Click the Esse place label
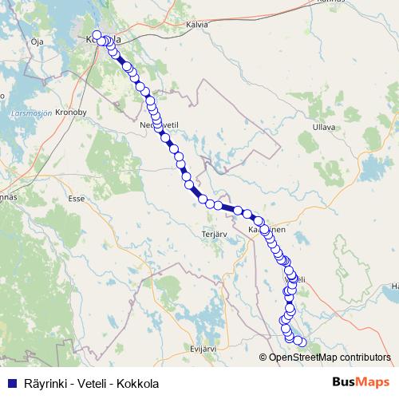click(x=77, y=197)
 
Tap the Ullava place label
click(x=323, y=127)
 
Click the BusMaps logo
click(x=361, y=382)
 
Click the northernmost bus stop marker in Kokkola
click(x=97, y=35)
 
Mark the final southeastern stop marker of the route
click(x=301, y=342)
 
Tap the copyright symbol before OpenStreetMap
click(x=263, y=357)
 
